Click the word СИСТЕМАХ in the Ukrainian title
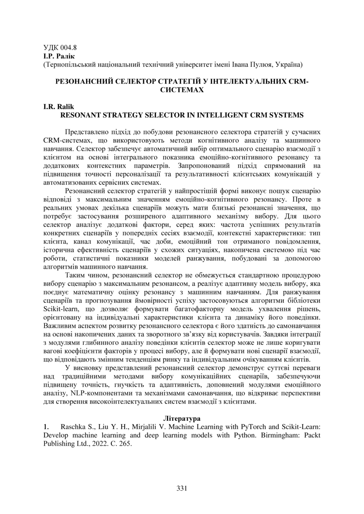point(182,90)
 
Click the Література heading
point(182,419)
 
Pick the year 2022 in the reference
point(93,443)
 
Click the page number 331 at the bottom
point(182,488)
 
